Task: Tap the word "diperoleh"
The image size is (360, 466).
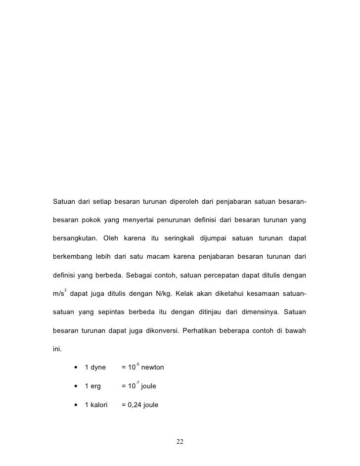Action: click(183, 202)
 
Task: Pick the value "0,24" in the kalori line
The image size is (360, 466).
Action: click(134, 405)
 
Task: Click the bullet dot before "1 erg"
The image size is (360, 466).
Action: click(76, 386)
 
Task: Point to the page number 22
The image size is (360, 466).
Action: click(180, 441)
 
